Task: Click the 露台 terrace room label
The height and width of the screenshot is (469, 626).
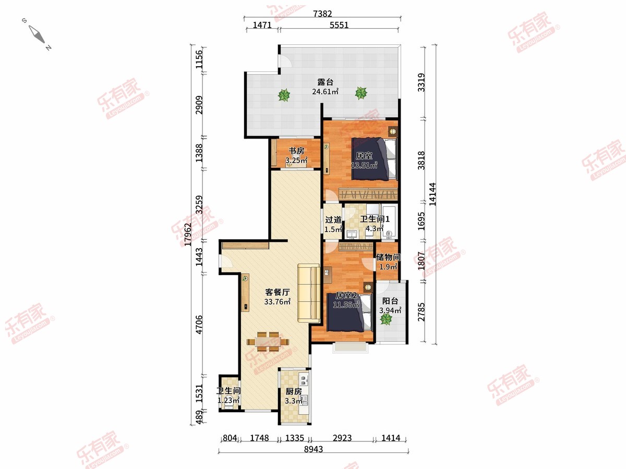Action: [326, 82]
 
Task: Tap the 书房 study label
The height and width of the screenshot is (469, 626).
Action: [296, 151]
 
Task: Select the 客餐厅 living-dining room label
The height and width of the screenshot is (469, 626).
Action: [278, 292]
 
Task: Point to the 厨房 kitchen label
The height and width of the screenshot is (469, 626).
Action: [294, 391]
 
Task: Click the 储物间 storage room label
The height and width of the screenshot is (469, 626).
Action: [388, 257]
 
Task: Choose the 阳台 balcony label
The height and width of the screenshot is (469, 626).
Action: [390, 301]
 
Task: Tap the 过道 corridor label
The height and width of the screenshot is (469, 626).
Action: [333, 219]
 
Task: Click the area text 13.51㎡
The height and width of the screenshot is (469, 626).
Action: [364, 165]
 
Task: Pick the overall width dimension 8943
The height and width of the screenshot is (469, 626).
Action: [314, 449]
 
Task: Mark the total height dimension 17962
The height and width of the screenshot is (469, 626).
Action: [188, 234]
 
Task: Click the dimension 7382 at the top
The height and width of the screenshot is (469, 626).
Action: [322, 14]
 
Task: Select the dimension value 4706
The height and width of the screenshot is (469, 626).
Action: [199, 325]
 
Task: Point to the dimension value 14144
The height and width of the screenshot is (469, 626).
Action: [432, 194]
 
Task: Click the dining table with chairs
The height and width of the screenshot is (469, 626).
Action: [68, 341]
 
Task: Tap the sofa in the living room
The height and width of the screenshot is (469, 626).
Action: [309, 293]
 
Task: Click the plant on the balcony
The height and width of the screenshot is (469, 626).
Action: [386, 319]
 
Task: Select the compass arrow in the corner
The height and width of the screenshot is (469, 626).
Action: [37, 34]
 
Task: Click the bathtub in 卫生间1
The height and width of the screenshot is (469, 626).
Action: [390, 221]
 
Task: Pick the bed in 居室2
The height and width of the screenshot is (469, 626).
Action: [350, 312]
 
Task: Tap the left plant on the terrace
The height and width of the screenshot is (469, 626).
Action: [284, 95]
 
